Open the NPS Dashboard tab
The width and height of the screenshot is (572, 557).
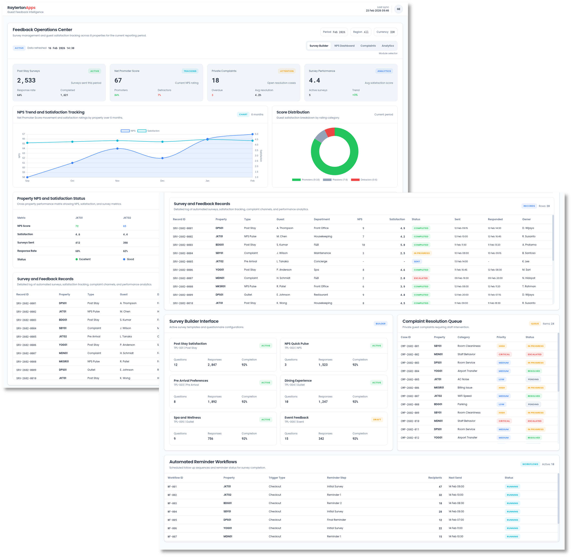pyautogui.click(x=344, y=46)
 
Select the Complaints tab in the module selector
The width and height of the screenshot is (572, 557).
pyautogui.click(x=368, y=46)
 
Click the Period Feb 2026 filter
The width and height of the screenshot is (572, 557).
pyautogui.click(x=334, y=32)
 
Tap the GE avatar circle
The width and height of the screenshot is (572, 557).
pyautogui.click(x=398, y=9)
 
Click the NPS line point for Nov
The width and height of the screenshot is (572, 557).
pyautogui.click(x=117, y=149)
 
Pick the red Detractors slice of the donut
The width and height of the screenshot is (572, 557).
pyautogui.click(x=330, y=132)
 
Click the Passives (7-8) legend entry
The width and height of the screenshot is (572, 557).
pyautogui.click(x=335, y=180)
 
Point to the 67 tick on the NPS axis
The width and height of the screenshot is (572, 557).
pyautogui.click(x=24, y=134)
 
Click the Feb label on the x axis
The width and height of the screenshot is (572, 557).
pyautogui.click(x=253, y=181)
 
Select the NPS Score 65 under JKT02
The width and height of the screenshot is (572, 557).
pyautogui.click(x=125, y=226)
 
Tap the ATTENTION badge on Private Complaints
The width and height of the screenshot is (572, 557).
pyautogui.click(x=287, y=71)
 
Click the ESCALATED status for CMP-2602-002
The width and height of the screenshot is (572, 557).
pyautogui.click(x=534, y=355)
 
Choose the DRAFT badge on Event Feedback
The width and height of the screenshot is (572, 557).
pyautogui.click(x=377, y=420)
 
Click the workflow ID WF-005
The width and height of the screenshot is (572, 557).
pyautogui.click(x=172, y=520)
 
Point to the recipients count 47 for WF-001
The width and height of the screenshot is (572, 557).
pyautogui.click(x=440, y=487)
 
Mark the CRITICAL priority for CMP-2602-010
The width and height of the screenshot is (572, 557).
pyautogui.click(x=504, y=421)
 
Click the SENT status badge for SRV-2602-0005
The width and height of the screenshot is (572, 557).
pyautogui.click(x=417, y=262)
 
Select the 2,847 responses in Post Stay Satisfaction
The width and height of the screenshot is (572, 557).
pyautogui.click(x=212, y=365)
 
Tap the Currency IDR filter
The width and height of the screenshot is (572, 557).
pyautogui.click(x=385, y=32)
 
